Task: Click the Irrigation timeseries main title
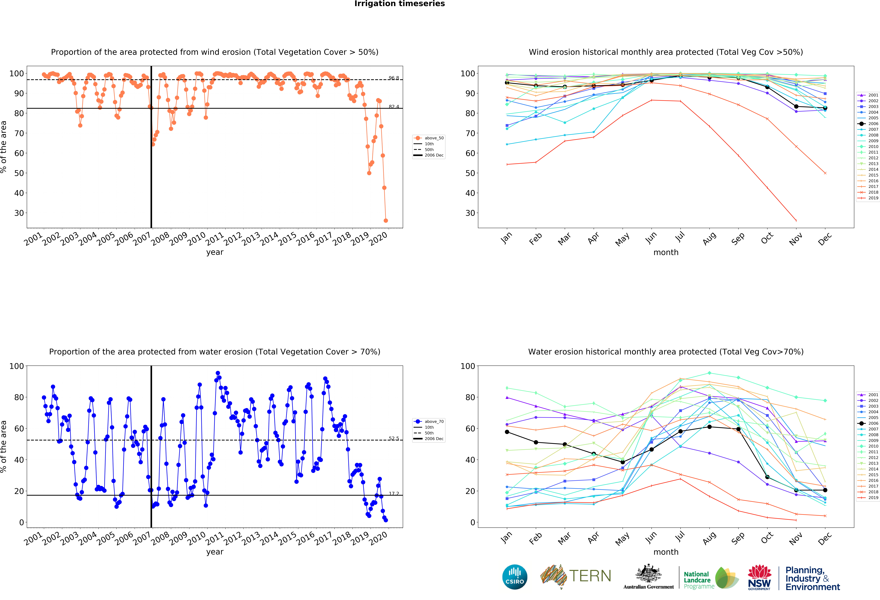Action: (399, 4)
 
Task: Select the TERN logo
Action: (576, 576)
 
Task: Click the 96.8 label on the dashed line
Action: (393, 78)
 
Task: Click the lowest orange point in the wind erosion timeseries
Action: (385, 220)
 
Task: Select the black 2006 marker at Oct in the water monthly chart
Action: (767, 477)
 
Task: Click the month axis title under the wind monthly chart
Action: (666, 252)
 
